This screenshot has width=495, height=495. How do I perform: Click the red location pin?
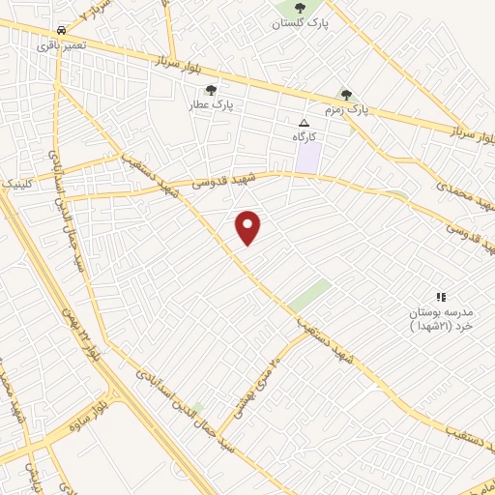[x=248, y=227]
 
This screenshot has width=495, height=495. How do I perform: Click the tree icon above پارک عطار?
[x=211, y=90]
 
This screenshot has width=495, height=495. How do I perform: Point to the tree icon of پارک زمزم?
[x=346, y=95]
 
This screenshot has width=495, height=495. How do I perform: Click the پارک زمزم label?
[x=346, y=111]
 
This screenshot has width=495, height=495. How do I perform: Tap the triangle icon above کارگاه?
[x=305, y=124]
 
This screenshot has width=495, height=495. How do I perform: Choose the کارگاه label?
[x=306, y=137]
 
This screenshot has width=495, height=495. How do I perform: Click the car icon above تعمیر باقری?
[x=62, y=30]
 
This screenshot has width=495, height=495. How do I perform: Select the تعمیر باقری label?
[x=62, y=44]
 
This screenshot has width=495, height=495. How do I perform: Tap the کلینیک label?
[x=16, y=182]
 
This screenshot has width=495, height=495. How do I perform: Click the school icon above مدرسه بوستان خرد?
[x=441, y=297]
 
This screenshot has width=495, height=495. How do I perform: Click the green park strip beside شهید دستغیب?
[x=309, y=295]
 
